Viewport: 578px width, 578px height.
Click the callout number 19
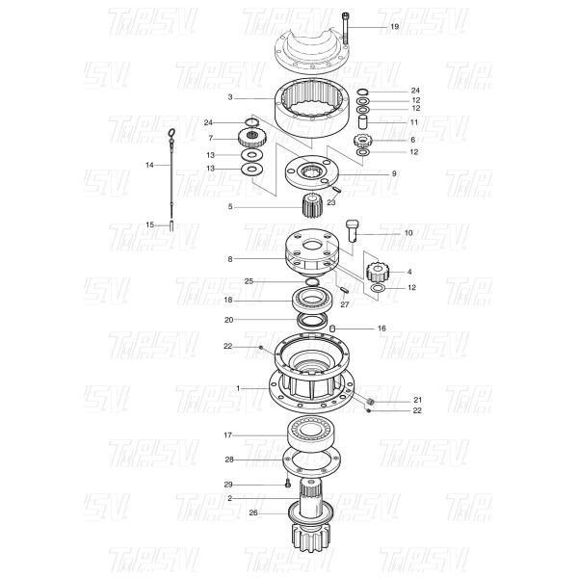coord(393,26)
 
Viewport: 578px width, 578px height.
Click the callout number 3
coord(231,97)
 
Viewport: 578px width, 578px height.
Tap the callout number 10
coord(381,233)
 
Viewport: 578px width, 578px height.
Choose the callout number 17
coord(228,434)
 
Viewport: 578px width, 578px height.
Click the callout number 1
coord(237,387)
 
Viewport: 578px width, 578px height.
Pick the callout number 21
coord(417,400)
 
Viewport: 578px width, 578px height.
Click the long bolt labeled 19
coord(344,29)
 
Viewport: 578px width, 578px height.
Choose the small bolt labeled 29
coord(286,484)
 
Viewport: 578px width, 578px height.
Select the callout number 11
coord(414,123)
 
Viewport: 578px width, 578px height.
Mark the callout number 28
coord(228,459)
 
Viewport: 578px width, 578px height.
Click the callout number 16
coord(381,328)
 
